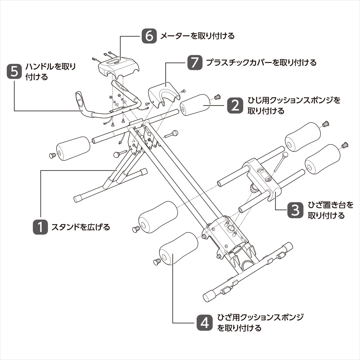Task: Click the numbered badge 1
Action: click(40, 227)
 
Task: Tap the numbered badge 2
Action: click(235, 105)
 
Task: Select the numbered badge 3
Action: click(295, 210)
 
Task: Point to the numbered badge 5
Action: click(14, 71)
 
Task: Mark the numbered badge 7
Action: click(195, 62)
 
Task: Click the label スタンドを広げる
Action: click(80, 227)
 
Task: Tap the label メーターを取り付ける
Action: click(197, 36)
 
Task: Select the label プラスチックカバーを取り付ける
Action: click(261, 62)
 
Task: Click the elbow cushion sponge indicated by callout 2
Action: click(195, 105)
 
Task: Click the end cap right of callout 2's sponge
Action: click(217, 97)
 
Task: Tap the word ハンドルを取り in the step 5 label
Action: click(51, 67)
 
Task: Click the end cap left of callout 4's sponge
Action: click(157, 262)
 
